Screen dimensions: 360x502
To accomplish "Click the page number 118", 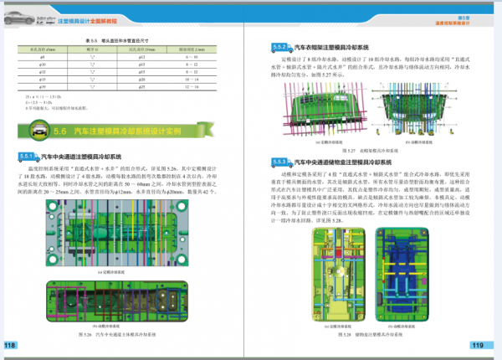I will click(11, 345).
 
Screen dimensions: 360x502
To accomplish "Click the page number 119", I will click(478, 345).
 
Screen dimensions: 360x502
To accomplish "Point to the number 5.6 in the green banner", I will click(59, 131).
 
